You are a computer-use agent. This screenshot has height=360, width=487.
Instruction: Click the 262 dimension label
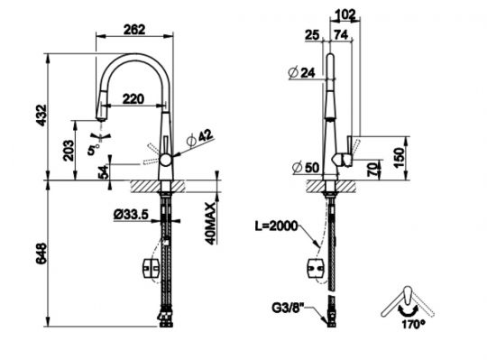[x=134, y=30]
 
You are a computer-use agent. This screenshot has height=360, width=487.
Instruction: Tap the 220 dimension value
[x=133, y=98]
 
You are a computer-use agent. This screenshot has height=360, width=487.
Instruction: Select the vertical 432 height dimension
[x=41, y=115]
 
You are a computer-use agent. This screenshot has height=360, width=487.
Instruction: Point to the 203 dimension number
[x=69, y=151]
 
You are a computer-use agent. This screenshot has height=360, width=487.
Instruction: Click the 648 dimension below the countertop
[x=41, y=254]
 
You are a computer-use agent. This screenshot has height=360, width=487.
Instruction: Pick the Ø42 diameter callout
[x=199, y=138]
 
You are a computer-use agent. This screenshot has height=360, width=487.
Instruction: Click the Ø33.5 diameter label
[x=131, y=215]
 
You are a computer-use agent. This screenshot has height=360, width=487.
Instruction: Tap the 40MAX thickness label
[x=211, y=224]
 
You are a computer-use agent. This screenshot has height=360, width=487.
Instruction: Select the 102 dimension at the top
[x=345, y=14]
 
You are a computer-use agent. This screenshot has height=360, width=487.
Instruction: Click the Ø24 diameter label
[x=301, y=73]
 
